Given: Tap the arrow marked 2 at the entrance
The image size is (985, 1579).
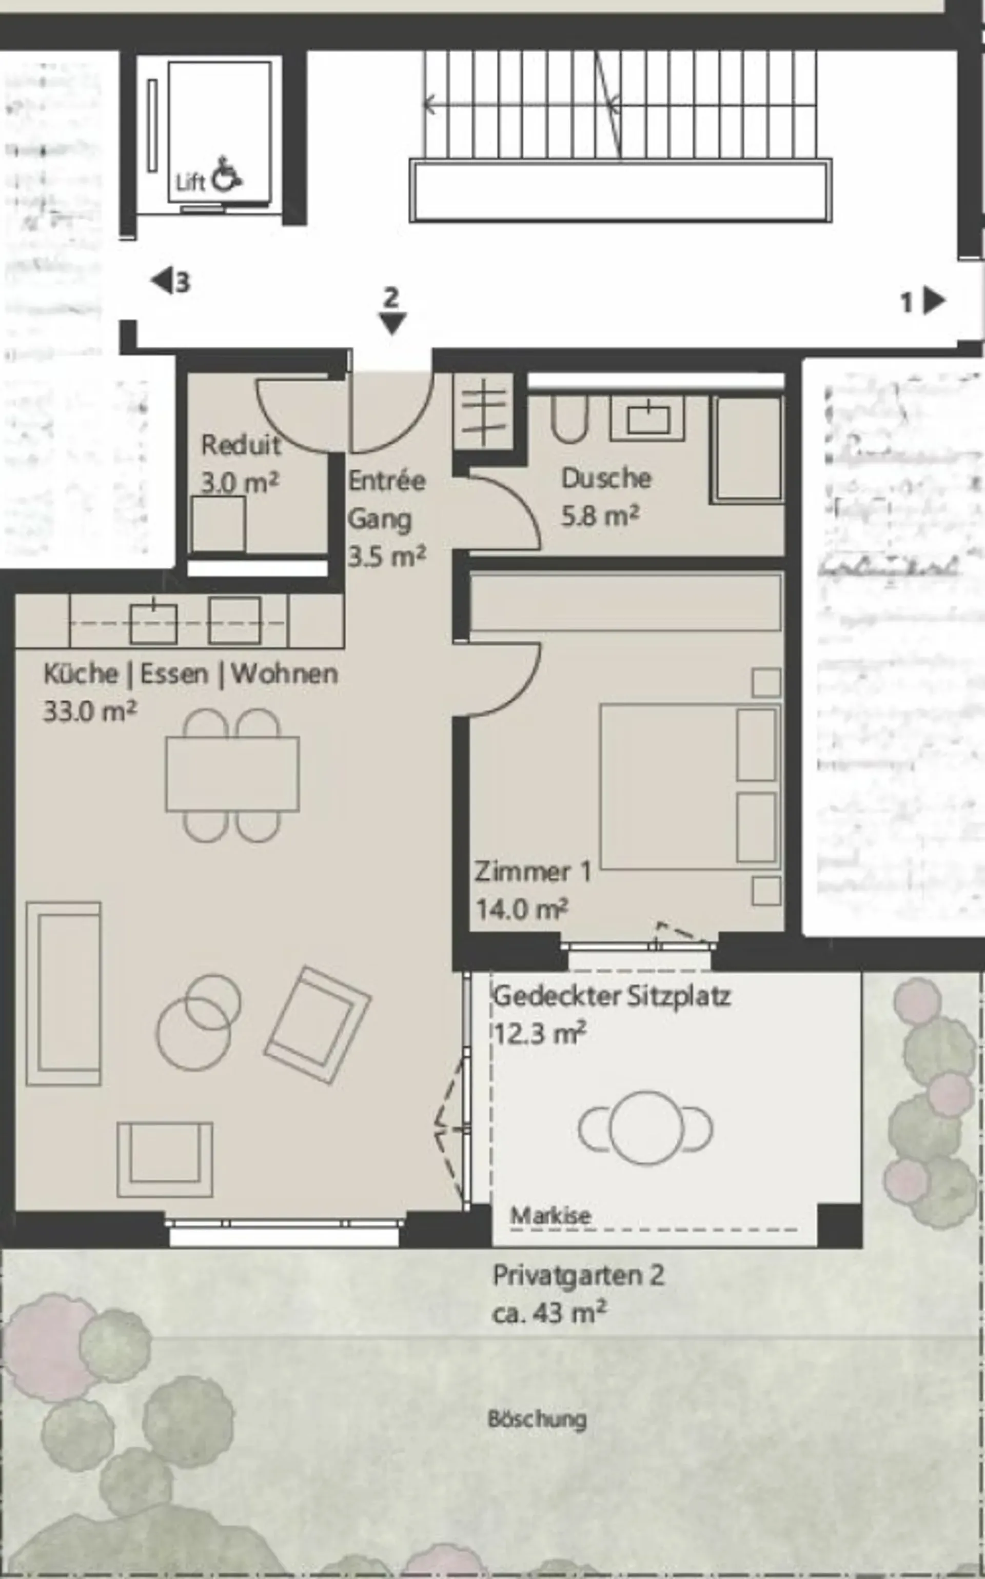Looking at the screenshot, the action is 392,323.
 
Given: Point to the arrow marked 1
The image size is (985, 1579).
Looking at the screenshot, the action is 935,301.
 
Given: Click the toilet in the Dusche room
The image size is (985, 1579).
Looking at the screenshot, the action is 569,418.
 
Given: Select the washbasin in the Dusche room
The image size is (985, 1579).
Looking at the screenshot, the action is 647,419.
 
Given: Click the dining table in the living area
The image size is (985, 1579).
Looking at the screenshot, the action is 232,774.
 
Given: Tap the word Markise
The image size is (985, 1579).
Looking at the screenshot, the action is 551,1215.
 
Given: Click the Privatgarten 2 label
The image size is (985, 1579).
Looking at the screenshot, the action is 579,1275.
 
